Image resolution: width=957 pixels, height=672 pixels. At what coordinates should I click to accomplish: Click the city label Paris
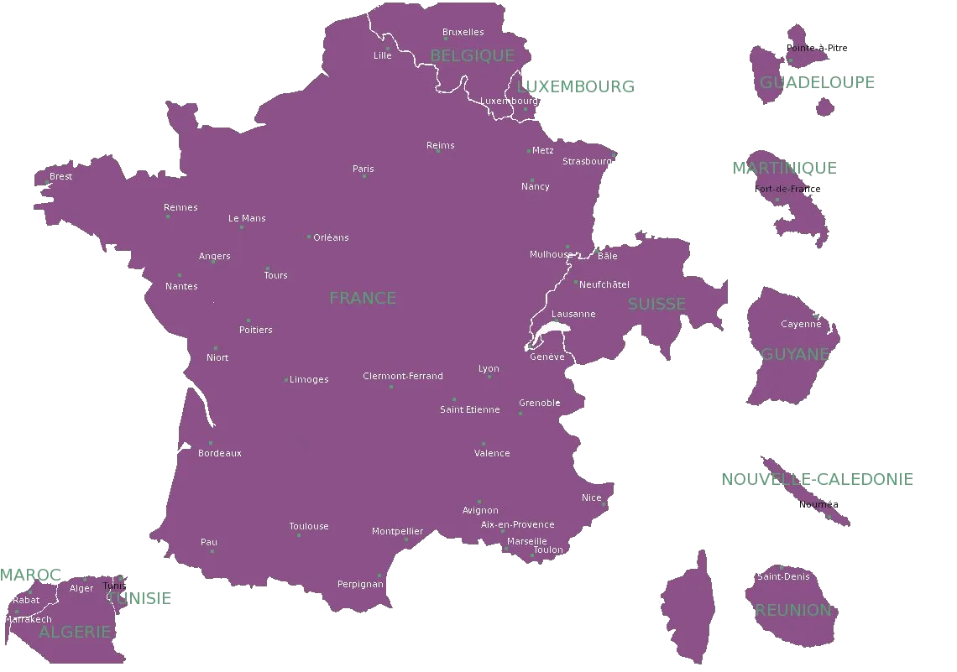tap(363, 169)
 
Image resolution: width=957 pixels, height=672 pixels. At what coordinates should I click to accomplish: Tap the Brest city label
tap(60, 176)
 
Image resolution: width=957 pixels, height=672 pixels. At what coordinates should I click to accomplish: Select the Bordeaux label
tap(220, 453)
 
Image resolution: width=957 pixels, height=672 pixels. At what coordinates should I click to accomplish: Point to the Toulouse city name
tap(309, 526)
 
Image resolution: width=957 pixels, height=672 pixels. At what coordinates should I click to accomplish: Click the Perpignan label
tap(360, 584)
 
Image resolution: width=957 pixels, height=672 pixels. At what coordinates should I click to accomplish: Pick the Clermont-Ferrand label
tap(403, 376)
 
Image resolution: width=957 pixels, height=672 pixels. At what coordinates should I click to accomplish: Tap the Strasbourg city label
tap(586, 161)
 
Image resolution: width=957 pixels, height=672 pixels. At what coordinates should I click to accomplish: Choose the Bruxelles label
tap(463, 32)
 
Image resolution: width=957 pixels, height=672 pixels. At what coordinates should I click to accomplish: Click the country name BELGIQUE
tap(472, 55)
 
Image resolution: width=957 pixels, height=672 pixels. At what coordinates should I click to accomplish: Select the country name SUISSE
tap(656, 304)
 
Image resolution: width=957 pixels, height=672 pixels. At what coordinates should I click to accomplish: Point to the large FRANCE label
tap(363, 298)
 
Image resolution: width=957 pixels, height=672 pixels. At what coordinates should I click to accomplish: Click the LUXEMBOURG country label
tap(576, 86)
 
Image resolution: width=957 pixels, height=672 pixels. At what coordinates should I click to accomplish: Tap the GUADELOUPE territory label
tap(816, 82)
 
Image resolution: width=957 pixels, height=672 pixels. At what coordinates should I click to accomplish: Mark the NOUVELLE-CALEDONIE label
tap(816, 479)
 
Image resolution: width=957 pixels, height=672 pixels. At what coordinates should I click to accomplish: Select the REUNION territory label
tap(792, 610)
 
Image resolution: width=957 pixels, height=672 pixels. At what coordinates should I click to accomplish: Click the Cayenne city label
tap(801, 324)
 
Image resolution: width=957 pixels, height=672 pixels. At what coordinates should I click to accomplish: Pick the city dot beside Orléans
tap(309, 237)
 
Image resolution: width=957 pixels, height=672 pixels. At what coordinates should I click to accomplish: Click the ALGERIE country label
tap(75, 632)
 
